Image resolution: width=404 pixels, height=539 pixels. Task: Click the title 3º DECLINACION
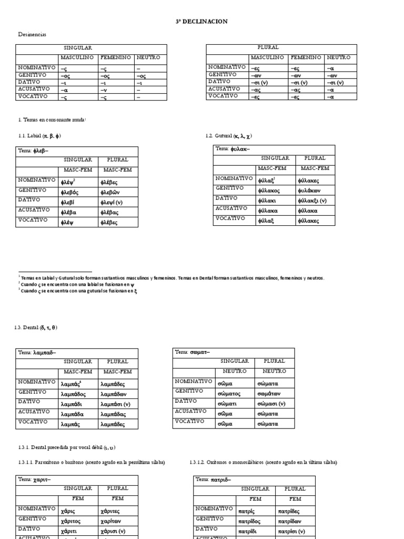(x=201, y=21)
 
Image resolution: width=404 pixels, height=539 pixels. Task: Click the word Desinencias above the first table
(x=32, y=35)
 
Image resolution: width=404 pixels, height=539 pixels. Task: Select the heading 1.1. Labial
(x=39, y=136)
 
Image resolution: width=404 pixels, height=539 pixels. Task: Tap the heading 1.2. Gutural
(x=228, y=136)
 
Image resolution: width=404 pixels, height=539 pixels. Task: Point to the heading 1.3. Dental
(x=36, y=328)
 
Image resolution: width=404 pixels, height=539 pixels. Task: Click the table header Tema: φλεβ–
(x=33, y=151)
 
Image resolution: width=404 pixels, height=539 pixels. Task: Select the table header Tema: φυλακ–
(x=233, y=149)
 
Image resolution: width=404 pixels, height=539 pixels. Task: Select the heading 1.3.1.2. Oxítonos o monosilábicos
(x=263, y=463)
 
